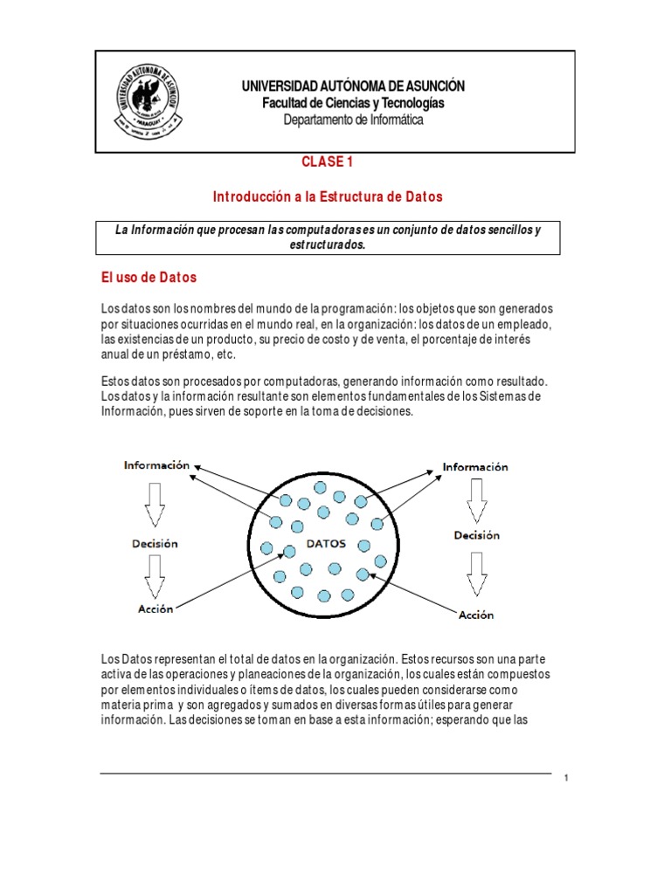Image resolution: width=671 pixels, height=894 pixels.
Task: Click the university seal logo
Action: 146,101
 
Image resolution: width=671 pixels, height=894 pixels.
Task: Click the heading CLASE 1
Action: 328,162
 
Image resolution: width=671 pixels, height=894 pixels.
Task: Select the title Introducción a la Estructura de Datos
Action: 328,197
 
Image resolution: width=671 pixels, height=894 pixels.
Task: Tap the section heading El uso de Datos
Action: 149,278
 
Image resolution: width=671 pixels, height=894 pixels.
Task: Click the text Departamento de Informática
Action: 353,120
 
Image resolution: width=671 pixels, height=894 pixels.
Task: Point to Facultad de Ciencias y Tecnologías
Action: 353,103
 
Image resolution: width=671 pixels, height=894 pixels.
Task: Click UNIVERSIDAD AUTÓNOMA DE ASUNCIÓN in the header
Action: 353,86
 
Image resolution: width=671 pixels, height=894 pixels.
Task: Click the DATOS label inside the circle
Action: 325,543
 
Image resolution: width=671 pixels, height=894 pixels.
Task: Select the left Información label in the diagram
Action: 156,465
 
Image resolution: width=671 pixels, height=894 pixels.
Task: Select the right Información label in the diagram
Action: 475,467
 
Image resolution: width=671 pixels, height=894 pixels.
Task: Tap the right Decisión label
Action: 476,535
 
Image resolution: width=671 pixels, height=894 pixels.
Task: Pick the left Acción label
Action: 155,609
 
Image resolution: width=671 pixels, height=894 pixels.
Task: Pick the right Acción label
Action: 476,615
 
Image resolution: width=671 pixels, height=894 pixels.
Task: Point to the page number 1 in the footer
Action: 566,779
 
